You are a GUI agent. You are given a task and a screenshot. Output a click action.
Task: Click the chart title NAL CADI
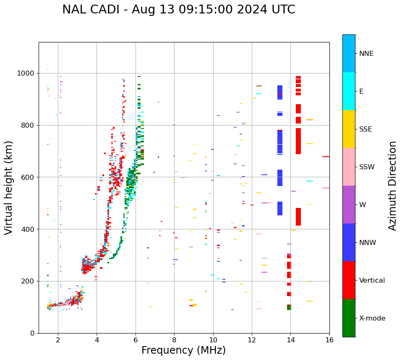[x=178, y=10]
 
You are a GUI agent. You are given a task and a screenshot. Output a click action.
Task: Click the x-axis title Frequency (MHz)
[x=183, y=350]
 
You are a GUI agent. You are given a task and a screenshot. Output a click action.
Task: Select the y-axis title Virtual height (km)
[x=9, y=187]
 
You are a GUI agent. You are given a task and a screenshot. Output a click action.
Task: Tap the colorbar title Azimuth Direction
[x=392, y=185]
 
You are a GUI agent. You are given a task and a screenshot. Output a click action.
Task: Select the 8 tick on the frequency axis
[x=174, y=340]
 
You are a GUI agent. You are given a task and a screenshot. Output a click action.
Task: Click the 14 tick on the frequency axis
[x=290, y=340]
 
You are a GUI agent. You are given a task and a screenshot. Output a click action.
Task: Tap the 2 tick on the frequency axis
[x=58, y=340]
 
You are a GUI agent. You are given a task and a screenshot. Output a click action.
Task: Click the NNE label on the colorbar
[x=366, y=54]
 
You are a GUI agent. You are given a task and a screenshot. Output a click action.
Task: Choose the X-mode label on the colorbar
[x=372, y=318]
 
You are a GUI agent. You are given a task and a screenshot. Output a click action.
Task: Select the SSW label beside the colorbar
[x=366, y=167]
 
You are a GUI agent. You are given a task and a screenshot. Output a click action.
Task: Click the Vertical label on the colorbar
[x=372, y=281]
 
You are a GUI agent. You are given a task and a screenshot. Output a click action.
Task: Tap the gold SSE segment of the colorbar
[x=349, y=129]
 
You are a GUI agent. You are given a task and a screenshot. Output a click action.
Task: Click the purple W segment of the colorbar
[x=349, y=204]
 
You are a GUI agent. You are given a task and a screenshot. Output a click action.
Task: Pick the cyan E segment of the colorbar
[x=349, y=91]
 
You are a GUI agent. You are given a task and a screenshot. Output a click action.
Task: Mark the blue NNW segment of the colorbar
[x=349, y=242]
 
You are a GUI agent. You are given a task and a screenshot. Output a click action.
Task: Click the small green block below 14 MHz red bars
[x=289, y=307]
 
